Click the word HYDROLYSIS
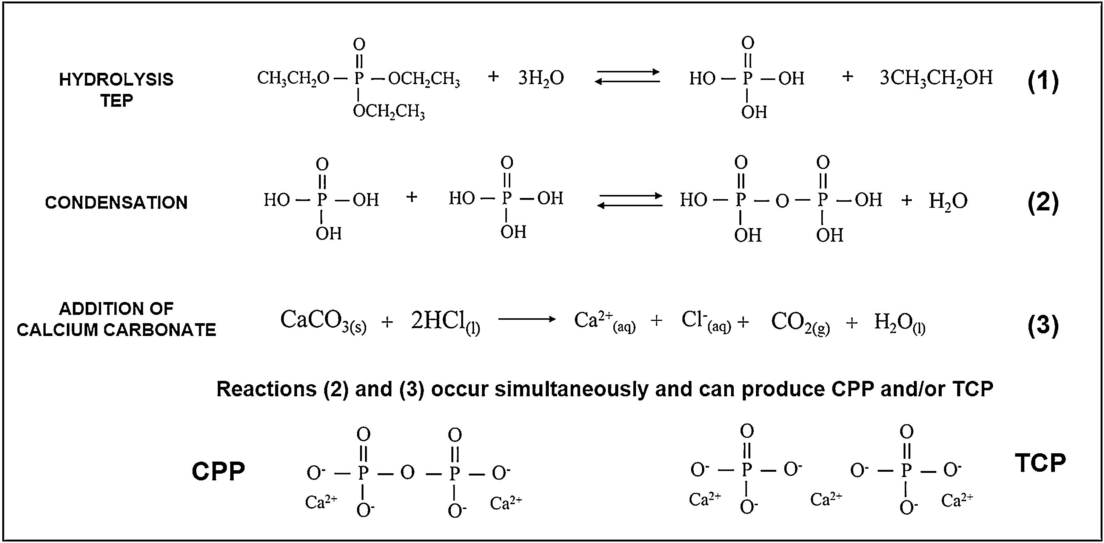point(116,79)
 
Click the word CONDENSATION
point(116,202)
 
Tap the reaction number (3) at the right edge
point(1043,325)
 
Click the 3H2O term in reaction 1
point(541,78)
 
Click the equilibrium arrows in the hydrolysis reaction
point(627,77)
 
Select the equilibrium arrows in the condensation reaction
point(630,200)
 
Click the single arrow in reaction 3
point(527,319)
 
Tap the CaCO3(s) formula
point(323,321)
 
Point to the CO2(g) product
point(800,322)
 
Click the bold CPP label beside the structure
point(218,471)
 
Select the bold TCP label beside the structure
point(1040,463)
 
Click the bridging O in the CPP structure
point(407,473)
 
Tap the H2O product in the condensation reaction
point(948,201)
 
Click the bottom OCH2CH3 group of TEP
point(389,112)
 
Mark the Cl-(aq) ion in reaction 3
point(706,321)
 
